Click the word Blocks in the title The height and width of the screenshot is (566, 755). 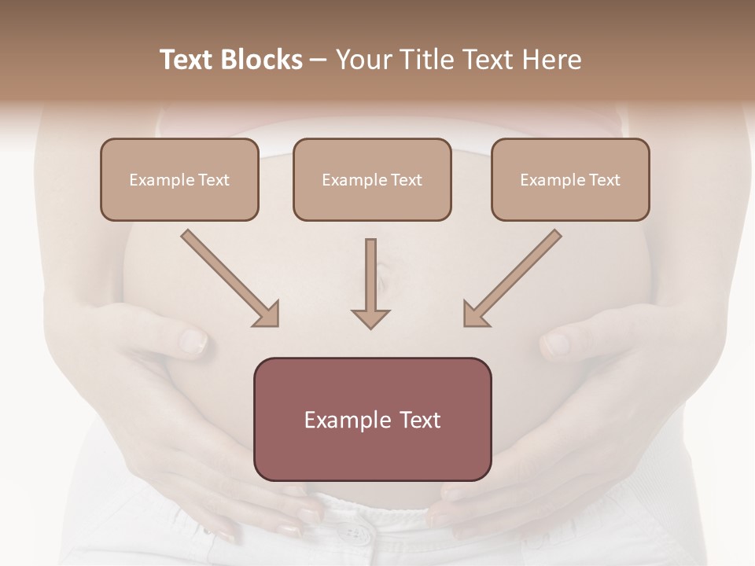pos(263,60)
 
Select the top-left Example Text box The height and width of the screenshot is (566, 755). pos(179,179)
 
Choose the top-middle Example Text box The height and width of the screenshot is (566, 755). pos(372,179)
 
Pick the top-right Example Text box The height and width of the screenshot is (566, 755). pos(570,179)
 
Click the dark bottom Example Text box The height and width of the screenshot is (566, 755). pos(372,419)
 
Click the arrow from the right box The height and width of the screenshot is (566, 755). pos(515,275)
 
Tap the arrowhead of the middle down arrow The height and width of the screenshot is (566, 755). pos(370,318)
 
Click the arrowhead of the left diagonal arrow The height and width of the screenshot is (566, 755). pos(267,314)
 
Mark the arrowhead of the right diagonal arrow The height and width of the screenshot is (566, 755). pos(474,314)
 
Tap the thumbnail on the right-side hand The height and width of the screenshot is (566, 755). pos(556,343)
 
